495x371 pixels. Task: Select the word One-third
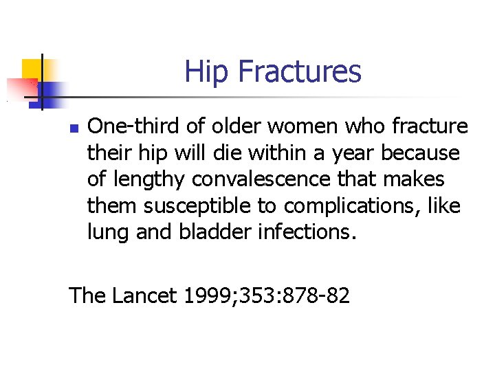[128, 126]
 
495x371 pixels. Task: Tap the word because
[420, 153]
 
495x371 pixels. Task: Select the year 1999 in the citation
[200, 296]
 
